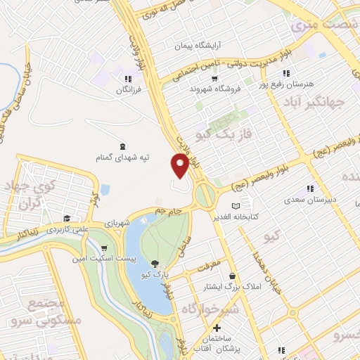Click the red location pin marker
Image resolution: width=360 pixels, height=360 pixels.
(x=180, y=165)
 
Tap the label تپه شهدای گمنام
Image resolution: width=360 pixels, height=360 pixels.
(x=123, y=158)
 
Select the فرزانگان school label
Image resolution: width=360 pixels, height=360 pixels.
(x=128, y=90)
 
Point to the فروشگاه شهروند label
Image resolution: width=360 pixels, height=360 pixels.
(x=215, y=89)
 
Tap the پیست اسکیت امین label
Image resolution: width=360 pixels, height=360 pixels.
(x=96, y=259)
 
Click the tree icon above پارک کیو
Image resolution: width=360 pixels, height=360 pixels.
(x=155, y=264)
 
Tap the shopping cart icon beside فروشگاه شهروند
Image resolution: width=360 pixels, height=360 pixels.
(x=215, y=79)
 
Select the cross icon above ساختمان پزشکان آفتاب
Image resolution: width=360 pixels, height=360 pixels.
(x=217, y=328)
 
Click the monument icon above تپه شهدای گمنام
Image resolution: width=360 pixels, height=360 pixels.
(x=123, y=146)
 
